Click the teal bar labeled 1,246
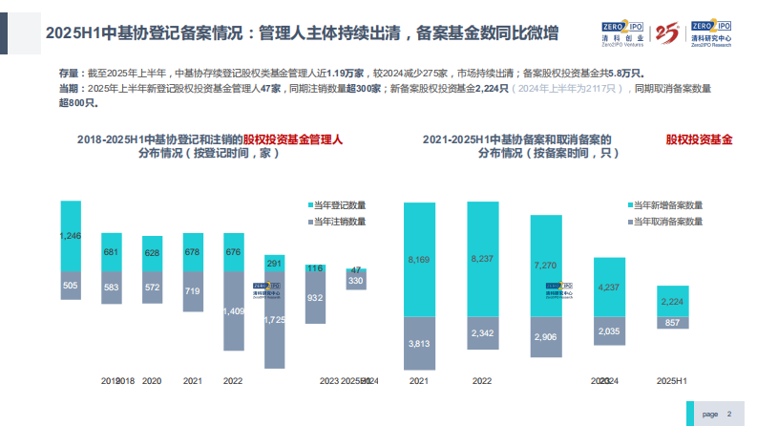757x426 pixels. point(71,235)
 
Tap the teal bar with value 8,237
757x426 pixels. point(481,259)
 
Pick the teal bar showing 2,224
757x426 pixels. point(672,301)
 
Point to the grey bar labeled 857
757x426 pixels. point(672,323)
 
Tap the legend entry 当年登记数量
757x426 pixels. point(337,204)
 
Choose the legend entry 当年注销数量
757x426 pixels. point(337,222)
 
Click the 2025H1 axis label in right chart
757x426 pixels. point(672,380)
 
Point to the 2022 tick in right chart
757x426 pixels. point(481,380)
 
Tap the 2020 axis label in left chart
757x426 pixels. point(152,380)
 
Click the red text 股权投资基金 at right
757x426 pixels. point(699,139)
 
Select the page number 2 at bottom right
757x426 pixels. point(728,415)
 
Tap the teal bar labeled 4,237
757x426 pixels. point(610,287)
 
